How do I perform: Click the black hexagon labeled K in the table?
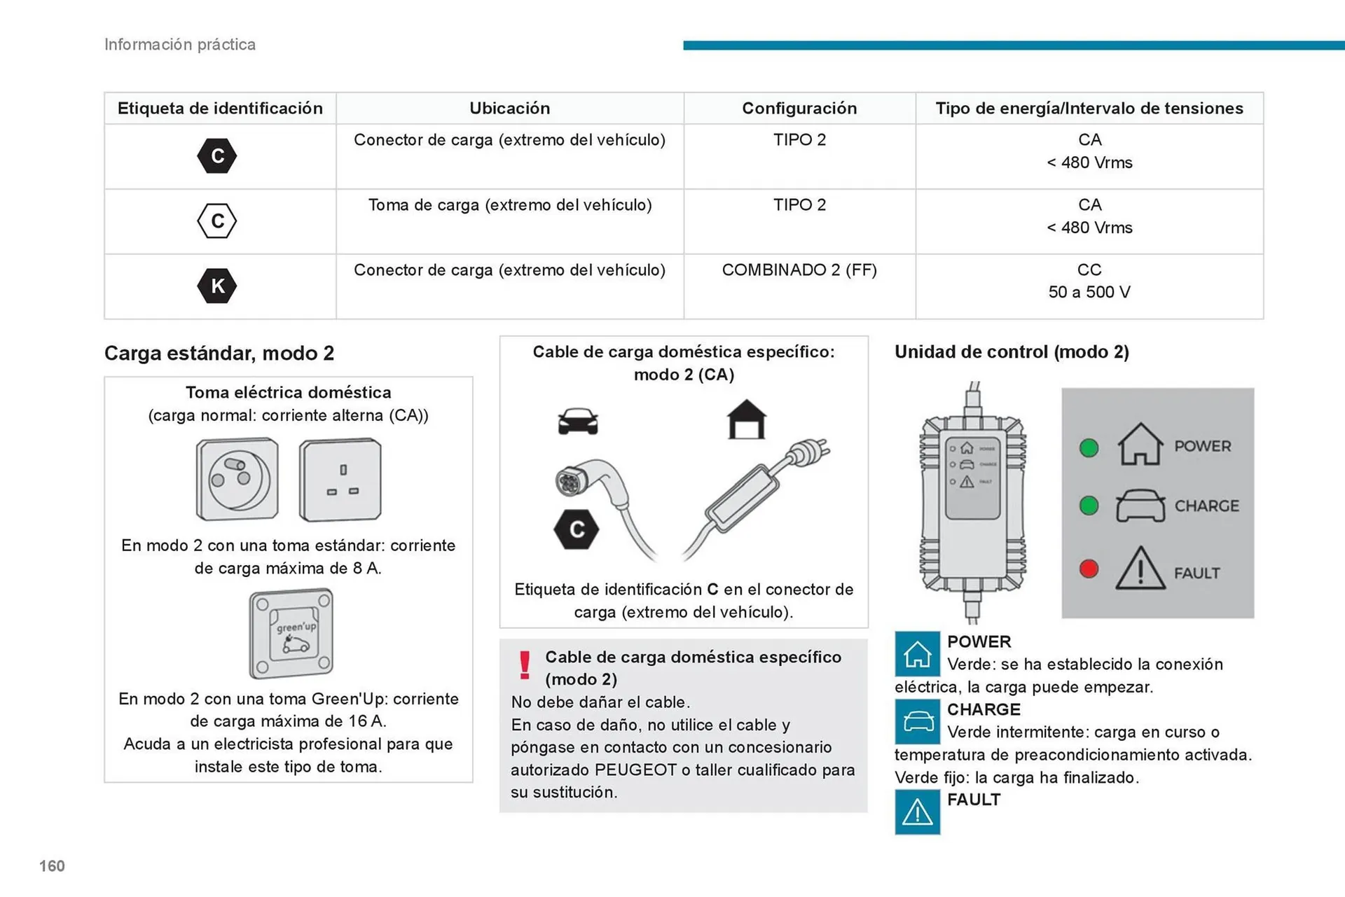tap(217, 286)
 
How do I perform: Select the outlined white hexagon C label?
tap(217, 221)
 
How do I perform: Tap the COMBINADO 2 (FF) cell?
tap(799, 270)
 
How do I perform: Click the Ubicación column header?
tap(509, 109)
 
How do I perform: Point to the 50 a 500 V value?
tap(1089, 293)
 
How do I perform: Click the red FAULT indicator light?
tap(1089, 569)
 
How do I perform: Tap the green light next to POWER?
tap(1089, 447)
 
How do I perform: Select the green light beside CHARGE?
tap(1089, 506)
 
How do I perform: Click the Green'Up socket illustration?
tap(291, 634)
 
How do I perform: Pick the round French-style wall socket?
tap(237, 480)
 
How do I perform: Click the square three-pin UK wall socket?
tap(340, 480)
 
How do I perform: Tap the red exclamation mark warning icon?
tap(525, 665)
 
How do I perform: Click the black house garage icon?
tap(746, 419)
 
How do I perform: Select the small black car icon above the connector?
tap(578, 422)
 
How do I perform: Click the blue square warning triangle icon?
tap(917, 812)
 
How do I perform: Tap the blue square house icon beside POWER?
tap(917, 654)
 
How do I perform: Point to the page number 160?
tap(52, 866)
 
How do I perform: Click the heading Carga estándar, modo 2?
tap(219, 353)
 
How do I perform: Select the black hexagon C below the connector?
tap(576, 529)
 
